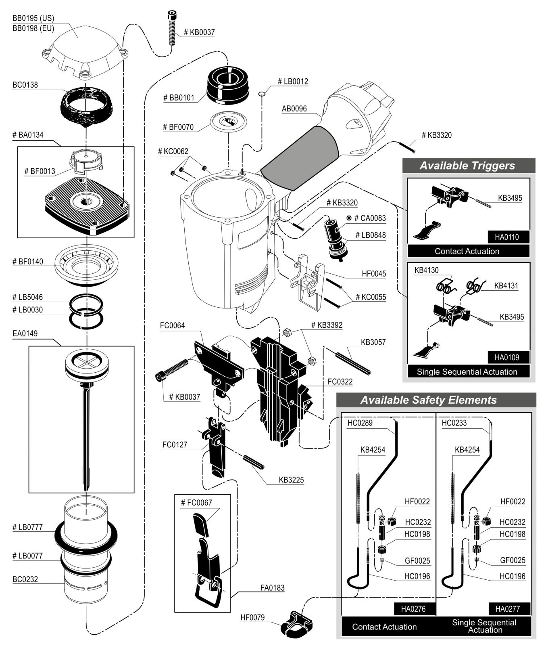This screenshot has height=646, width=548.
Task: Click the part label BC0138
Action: tap(25, 85)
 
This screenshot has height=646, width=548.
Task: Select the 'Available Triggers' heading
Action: tap(467, 166)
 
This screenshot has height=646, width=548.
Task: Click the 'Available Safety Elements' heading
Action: tap(429, 400)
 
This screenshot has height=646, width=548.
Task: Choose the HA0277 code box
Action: tap(508, 609)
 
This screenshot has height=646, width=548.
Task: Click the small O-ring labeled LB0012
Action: tap(262, 94)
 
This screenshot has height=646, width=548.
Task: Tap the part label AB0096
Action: tap(294, 109)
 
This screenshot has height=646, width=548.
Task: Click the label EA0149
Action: tap(25, 333)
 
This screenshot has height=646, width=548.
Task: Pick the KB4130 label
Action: tap(426, 270)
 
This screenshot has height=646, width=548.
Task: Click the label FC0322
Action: tap(340, 382)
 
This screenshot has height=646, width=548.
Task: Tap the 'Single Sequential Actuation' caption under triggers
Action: tap(467, 372)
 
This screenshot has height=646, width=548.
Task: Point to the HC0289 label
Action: tap(360, 423)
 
